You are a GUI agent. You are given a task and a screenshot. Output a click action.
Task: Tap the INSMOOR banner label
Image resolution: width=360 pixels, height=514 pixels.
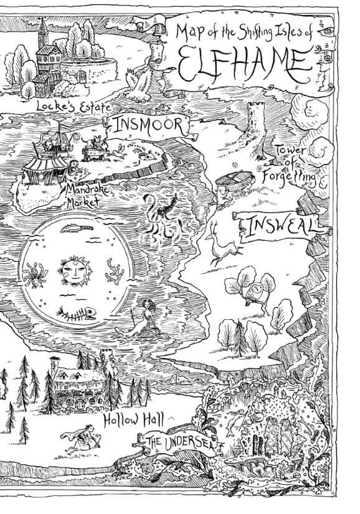(x=148, y=125)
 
